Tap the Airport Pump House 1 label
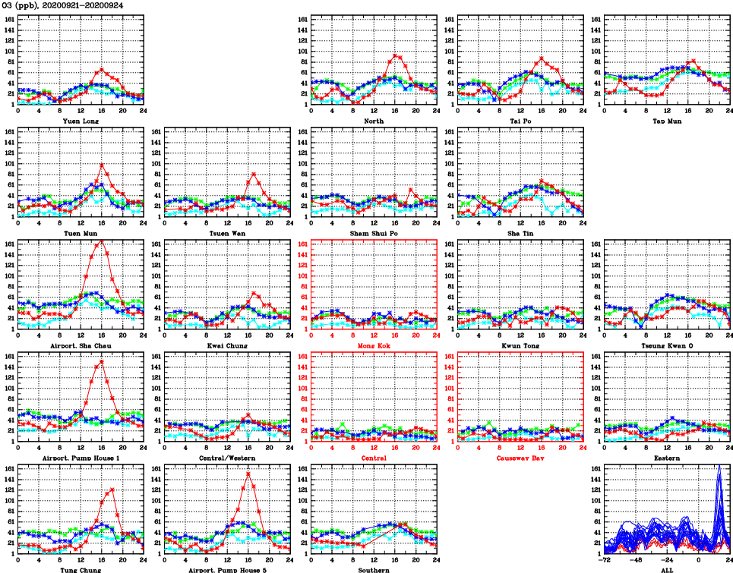81,458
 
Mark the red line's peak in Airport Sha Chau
102,241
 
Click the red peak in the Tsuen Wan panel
254,174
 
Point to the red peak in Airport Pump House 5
248,474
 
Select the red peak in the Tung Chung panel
112,490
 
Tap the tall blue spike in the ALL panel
719,466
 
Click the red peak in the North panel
395,55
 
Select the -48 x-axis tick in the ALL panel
636,559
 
